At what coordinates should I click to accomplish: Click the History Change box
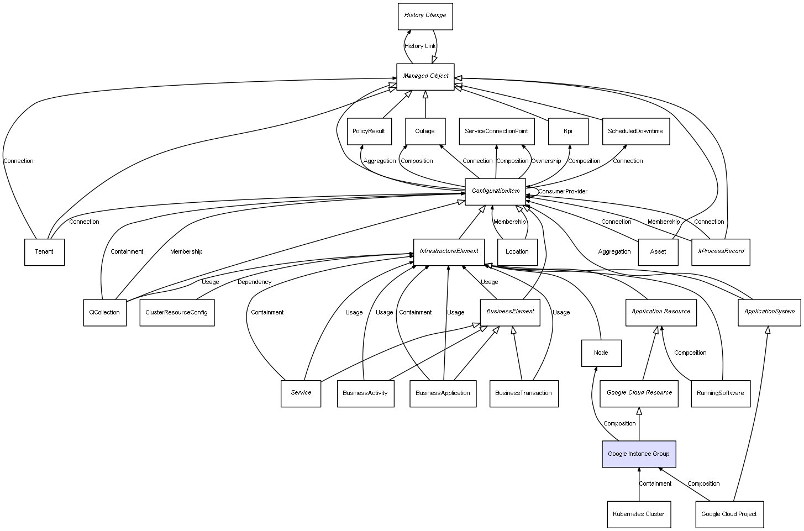point(425,16)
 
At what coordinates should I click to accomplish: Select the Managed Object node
point(425,76)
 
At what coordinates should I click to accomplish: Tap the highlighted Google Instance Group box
point(639,454)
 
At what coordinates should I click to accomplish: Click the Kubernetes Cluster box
point(638,514)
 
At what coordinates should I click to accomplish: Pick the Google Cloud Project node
point(729,514)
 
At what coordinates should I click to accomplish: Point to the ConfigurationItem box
point(496,191)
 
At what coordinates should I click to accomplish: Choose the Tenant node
point(44,252)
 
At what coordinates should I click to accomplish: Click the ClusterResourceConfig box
point(177,313)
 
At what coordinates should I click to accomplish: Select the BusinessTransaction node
point(523,393)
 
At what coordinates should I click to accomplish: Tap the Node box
point(601,353)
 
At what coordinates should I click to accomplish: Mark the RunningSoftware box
point(720,393)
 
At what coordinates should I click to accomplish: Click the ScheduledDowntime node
point(635,132)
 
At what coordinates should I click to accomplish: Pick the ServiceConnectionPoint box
point(496,132)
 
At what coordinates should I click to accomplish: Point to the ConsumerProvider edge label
point(563,192)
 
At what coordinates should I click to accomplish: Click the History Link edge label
point(420,46)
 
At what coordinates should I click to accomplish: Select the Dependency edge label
point(254,282)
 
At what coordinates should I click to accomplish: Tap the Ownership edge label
point(546,161)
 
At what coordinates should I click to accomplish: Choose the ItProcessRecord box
point(721,251)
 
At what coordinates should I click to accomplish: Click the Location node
point(517,252)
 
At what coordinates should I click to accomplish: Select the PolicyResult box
point(369,132)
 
